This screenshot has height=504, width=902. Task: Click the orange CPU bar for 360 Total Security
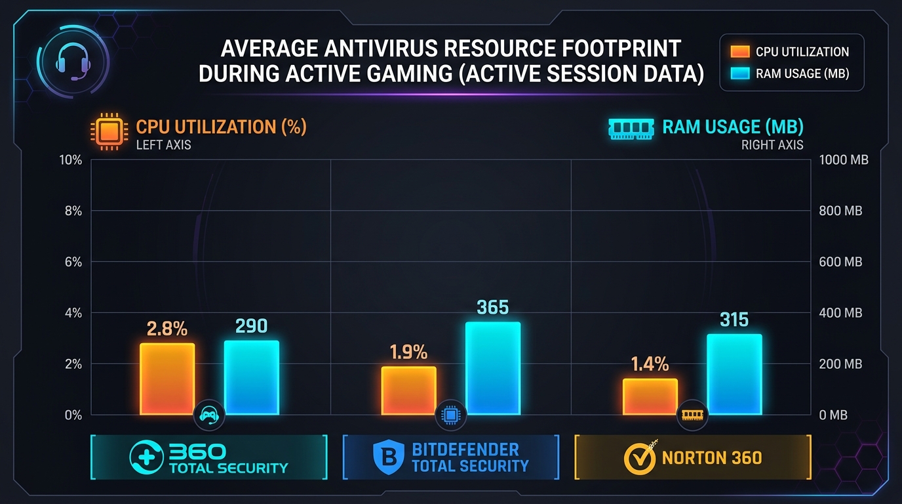pyautogui.click(x=167, y=379)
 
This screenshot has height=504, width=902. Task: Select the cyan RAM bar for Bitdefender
pyautogui.click(x=493, y=369)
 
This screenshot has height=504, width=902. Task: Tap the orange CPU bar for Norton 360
pyautogui.click(x=650, y=397)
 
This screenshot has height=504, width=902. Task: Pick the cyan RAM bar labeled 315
pyautogui.click(x=734, y=375)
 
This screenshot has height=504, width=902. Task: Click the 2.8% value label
pyautogui.click(x=167, y=329)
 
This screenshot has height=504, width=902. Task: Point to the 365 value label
pyautogui.click(x=493, y=307)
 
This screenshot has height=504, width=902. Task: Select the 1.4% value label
pyautogui.click(x=650, y=364)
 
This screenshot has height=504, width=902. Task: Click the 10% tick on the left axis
pyautogui.click(x=71, y=160)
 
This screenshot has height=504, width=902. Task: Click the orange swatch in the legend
pyautogui.click(x=739, y=52)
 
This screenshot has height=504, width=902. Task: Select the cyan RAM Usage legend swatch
pyautogui.click(x=739, y=73)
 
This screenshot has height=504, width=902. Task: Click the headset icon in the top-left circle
pyautogui.click(x=71, y=63)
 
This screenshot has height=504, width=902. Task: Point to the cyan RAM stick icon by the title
pyautogui.click(x=632, y=129)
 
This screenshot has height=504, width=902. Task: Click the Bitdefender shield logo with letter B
pyautogui.click(x=389, y=457)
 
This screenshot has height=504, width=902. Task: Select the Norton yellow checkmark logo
pyautogui.click(x=639, y=457)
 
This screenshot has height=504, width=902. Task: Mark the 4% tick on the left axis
pyautogui.click(x=73, y=313)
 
